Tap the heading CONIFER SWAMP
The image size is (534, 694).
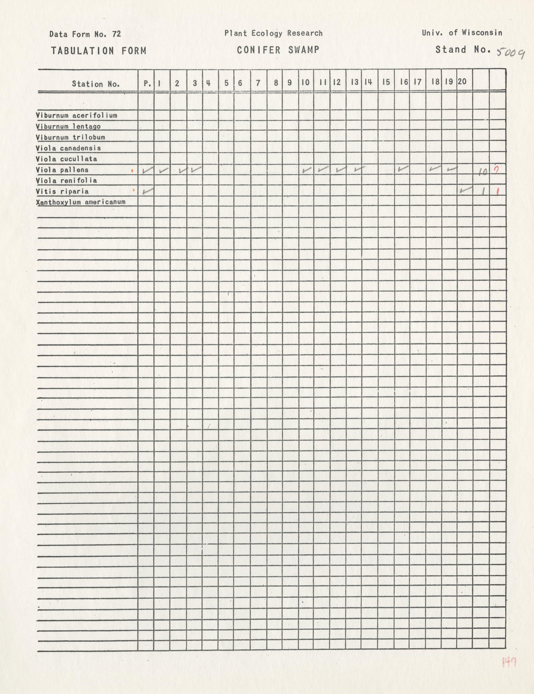pyautogui.click(x=278, y=50)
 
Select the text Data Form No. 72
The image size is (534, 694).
pyautogui.click(x=85, y=34)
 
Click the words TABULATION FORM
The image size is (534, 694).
pyautogui.click(x=99, y=51)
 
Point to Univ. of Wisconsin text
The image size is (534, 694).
pyautogui.click(x=462, y=33)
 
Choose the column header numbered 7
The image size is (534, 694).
pyautogui.click(x=258, y=83)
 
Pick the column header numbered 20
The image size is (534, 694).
pyautogui.click(x=462, y=82)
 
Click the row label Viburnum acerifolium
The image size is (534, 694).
pyautogui.click(x=77, y=116)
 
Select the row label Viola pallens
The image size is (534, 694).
pyautogui.click(x=62, y=170)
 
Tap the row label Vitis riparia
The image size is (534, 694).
pyautogui.click(x=62, y=192)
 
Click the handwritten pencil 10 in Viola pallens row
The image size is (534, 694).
pyautogui.click(x=483, y=172)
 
